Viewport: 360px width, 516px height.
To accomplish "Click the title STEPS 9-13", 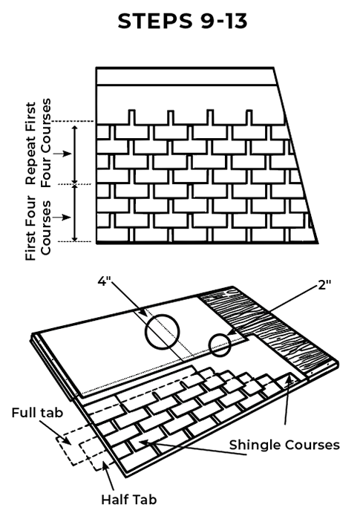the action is [x=183, y=22].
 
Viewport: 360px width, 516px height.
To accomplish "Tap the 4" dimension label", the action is [x=105, y=281].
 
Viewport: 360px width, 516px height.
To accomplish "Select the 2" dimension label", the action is [x=324, y=284].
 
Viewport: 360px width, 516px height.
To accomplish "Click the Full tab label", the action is [x=37, y=413].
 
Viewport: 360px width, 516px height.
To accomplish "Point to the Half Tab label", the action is [x=128, y=499].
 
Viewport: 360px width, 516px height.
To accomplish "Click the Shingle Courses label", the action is [x=284, y=445].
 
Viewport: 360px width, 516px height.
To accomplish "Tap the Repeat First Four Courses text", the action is [x=39, y=143].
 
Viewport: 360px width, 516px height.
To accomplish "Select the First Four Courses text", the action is [x=39, y=228].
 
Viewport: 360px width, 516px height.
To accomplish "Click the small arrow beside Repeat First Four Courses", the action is [x=62, y=154].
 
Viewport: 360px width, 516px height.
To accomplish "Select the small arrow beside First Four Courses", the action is [x=62, y=218].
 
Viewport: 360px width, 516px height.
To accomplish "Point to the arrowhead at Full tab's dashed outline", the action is [x=67, y=441].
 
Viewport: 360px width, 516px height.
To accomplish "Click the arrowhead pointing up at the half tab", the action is [x=105, y=465].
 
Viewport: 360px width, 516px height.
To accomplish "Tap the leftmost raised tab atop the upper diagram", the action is [x=131, y=117].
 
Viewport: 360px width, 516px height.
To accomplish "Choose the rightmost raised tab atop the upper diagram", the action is [x=249, y=117].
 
